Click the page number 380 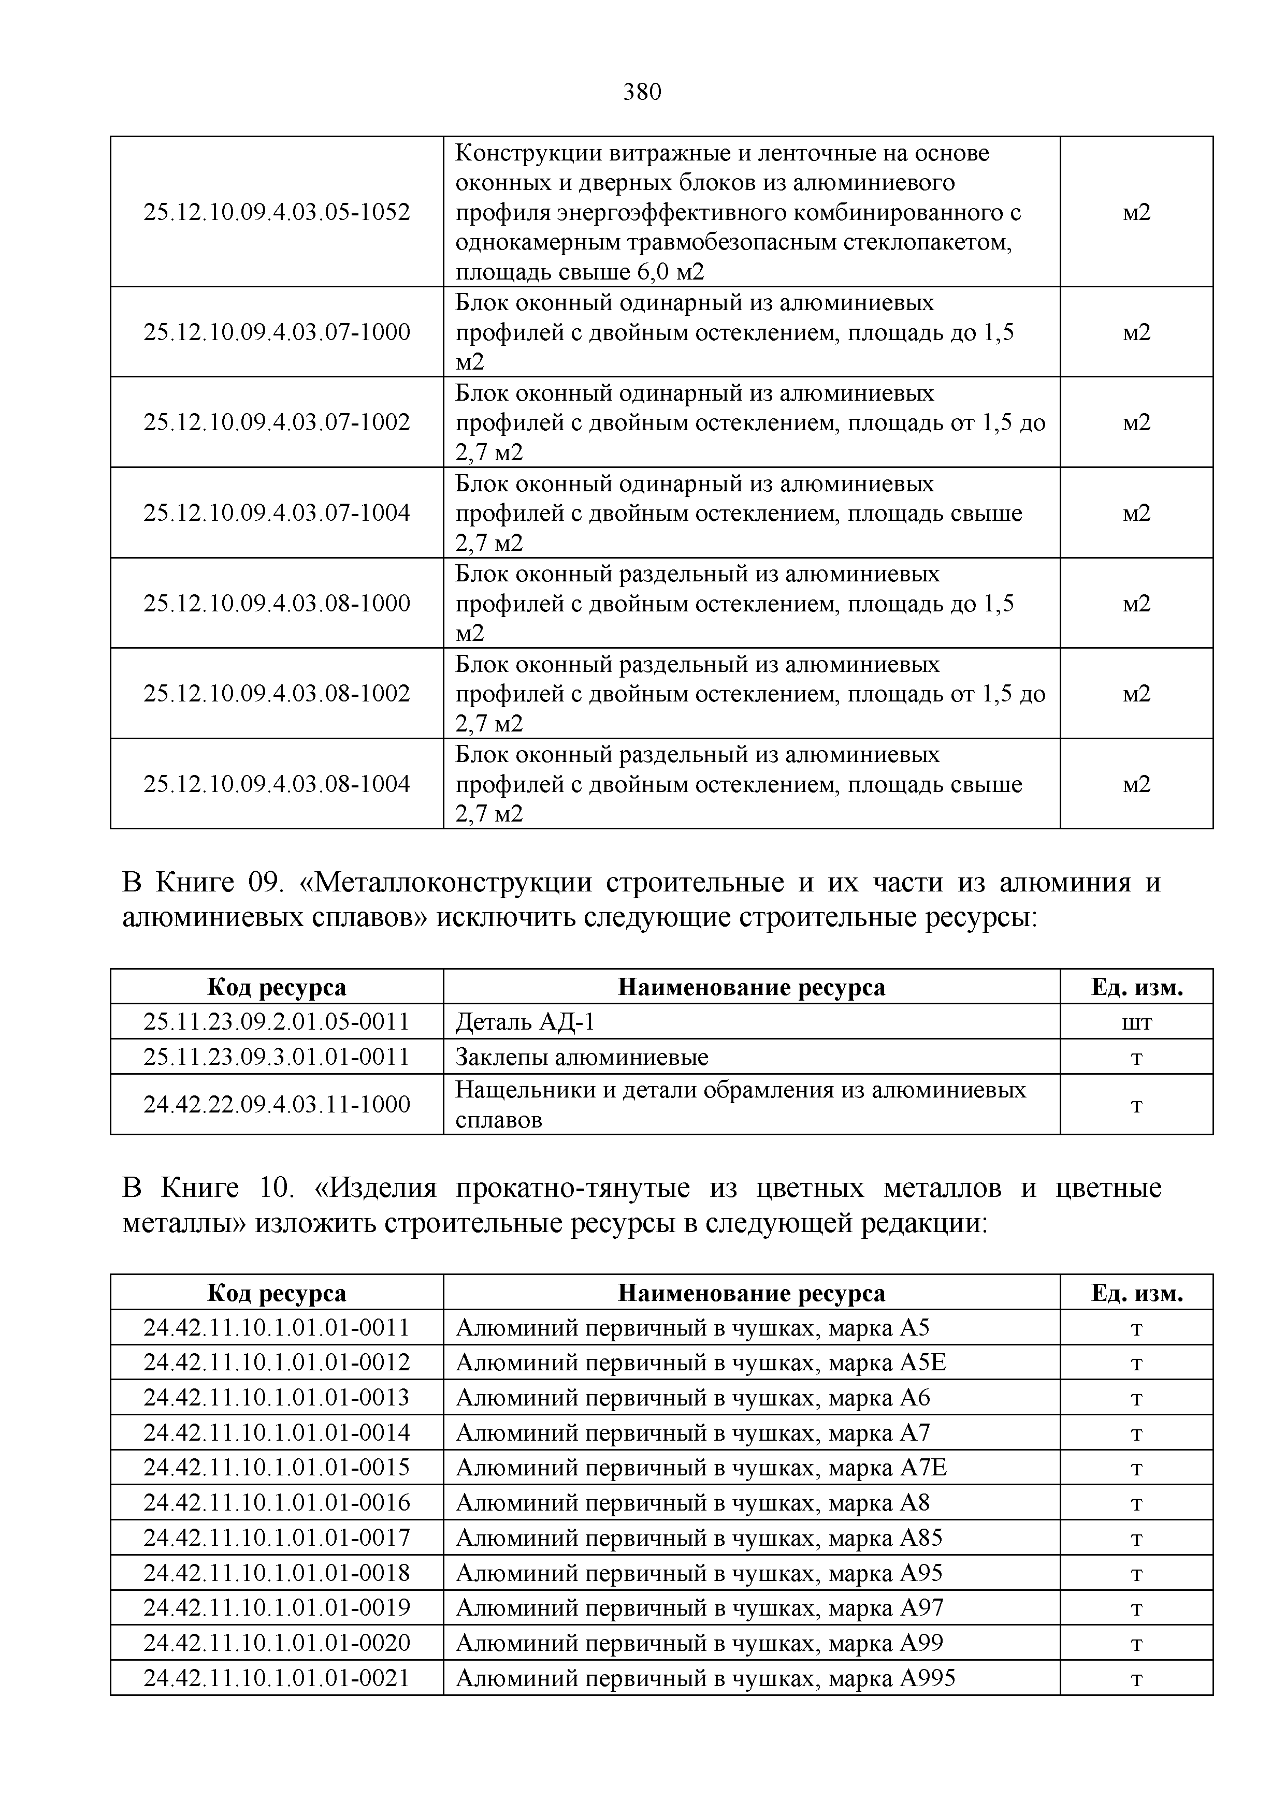pos(642,93)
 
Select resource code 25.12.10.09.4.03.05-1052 pos(277,212)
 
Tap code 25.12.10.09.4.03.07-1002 pos(277,422)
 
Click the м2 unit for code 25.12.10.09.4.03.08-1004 pos(1136,784)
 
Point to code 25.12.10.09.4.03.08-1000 pos(277,604)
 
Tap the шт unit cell pos(1136,1022)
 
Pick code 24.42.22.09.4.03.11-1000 pos(277,1104)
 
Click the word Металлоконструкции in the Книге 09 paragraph pos(453,882)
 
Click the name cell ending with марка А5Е pos(700,1362)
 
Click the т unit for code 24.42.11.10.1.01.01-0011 pos(1136,1327)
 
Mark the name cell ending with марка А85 pos(699,1537)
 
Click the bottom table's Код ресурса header pos(277,1293)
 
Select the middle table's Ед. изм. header pos(1136,987)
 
